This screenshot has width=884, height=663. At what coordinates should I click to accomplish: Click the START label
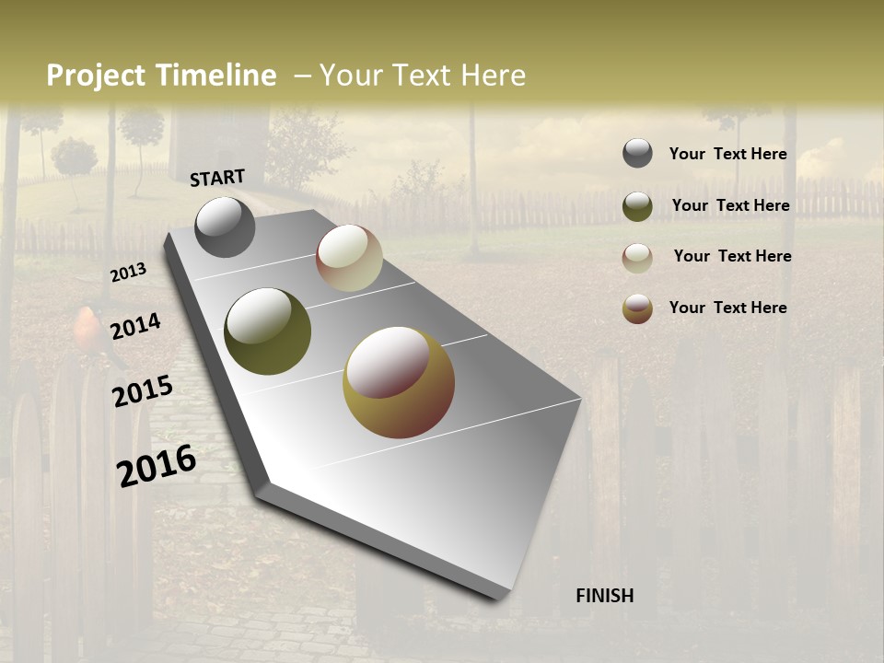(x=217, y=178)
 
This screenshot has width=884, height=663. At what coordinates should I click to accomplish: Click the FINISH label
(x=604, y=596)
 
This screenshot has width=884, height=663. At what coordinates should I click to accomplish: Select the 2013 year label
(x=129, y=273)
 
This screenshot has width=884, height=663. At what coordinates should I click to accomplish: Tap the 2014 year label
(x=135, y=326)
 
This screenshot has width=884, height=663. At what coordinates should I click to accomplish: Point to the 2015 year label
(x=143, y=390)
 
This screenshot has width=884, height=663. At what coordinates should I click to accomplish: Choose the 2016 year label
(x=157, y=465)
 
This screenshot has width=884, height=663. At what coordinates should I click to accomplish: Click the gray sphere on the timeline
(x=226, y=227)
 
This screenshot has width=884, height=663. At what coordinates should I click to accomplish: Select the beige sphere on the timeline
(x=349, y=258)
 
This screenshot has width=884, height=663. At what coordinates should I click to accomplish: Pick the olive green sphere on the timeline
(x=267, y=331)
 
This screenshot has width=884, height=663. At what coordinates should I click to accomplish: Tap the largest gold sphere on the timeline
(x=399, y=382)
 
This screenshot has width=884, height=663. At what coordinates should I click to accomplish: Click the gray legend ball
(x=637, y=154)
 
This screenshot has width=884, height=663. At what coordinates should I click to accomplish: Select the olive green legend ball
(x=637, y=206)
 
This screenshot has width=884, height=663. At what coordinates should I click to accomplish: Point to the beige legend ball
(x=637, y=258)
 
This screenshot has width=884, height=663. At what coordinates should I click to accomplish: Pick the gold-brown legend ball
(x=637, y=308)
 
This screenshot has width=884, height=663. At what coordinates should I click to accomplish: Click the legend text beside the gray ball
(x=727, y=154)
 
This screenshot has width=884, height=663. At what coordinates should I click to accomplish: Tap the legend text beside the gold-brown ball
(x=727, y=308)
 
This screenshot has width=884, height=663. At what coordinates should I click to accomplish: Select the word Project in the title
(x=97, y=76)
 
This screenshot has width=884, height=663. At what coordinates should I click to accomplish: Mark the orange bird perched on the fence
(x=87, y=329)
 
